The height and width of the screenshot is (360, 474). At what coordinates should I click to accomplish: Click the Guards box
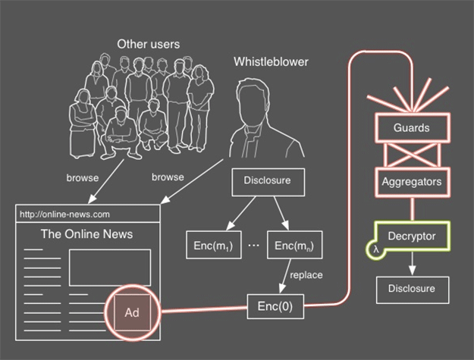tap(410, 128)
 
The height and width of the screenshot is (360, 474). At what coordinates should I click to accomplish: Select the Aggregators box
tap(410, 181)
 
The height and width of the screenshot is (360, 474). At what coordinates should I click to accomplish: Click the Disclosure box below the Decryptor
tap(413, 290)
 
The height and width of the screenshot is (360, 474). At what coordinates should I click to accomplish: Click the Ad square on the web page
tap(132, 311)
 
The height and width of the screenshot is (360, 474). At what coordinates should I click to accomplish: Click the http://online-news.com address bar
tap(88, 214)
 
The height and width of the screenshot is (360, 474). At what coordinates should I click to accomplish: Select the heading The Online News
tap(87, 234)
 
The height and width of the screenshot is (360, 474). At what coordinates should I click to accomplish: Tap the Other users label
tap(149, 44)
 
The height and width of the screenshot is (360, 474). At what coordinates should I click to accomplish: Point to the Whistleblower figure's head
tap(251, 101)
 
